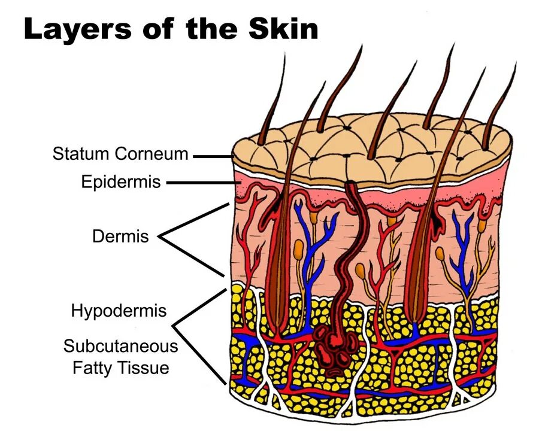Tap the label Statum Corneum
(120, 154)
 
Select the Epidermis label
(121, 181)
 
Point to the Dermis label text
(120, 236)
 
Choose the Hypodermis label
(119, 311)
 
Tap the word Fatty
(93, 367)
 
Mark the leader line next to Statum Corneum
(213, 156)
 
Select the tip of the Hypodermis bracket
(174, 326)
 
